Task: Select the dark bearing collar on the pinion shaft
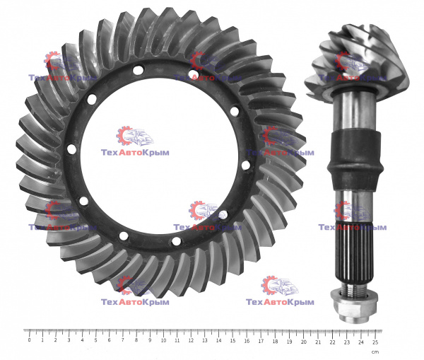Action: coord(355,161)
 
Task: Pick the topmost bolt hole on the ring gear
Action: coord(138,70)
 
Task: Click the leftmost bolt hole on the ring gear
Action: coord(71,149)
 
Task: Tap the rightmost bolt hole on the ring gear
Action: coord(245,165)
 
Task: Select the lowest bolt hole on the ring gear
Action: coord(176,241)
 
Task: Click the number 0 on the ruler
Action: coord(29,340)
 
